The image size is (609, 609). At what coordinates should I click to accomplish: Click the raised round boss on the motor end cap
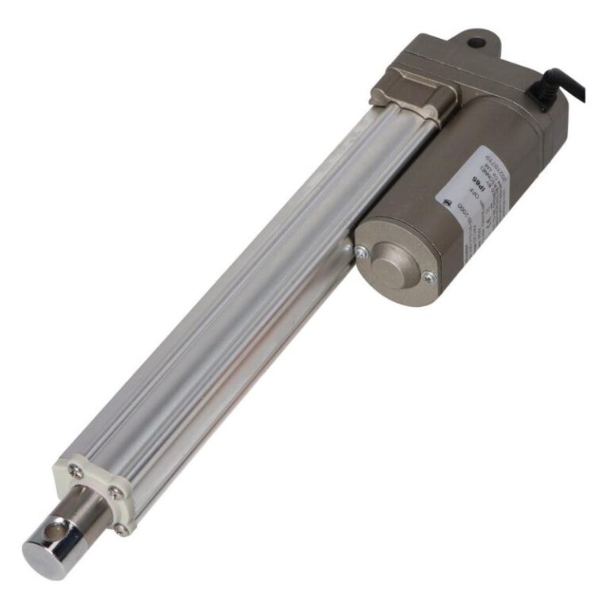(x=394, y=255)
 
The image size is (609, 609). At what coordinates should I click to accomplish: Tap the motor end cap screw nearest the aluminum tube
(x=362, y=252)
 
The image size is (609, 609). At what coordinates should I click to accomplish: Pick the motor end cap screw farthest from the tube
(x=428, y=277)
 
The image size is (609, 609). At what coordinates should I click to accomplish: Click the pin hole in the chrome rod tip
(x=56, y=525)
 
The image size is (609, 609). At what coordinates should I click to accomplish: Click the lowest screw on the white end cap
(x=121, y=529)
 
